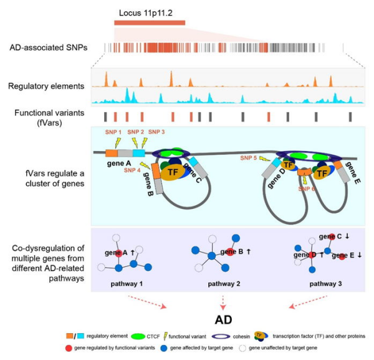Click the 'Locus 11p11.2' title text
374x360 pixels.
pyautogui.click(x=141, y=12)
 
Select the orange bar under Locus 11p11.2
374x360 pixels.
pyautogui.click(x=150, y=23)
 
